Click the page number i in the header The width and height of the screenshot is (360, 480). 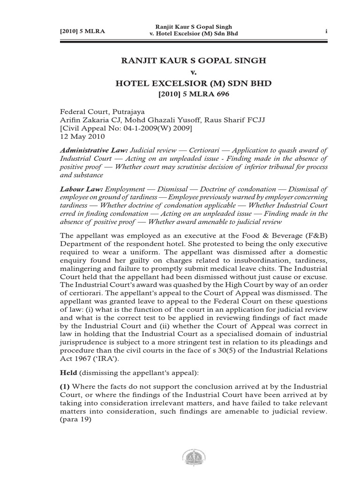pyautogui.click(x=325, y=31)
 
